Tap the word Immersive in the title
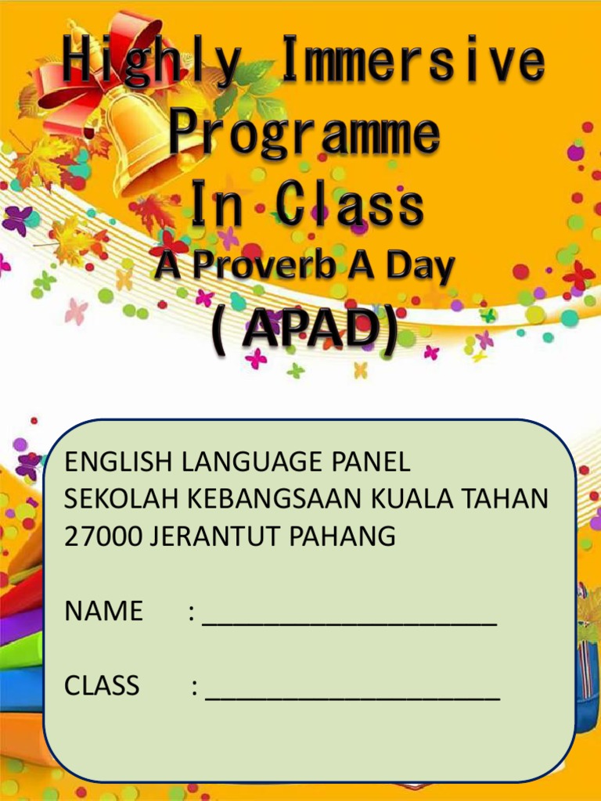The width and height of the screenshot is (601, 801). click(x=412, y=61)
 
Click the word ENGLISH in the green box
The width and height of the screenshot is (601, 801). click(x=120, y=462)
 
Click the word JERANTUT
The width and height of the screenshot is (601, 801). click(x=214, y=536)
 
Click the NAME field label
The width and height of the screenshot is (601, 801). click(x=103, y=610)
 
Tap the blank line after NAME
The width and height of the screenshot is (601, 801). click(x=350, y=618)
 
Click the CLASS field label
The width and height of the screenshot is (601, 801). click(x=102, y=685)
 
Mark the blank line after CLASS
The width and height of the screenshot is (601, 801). click(x=352, y=693)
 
